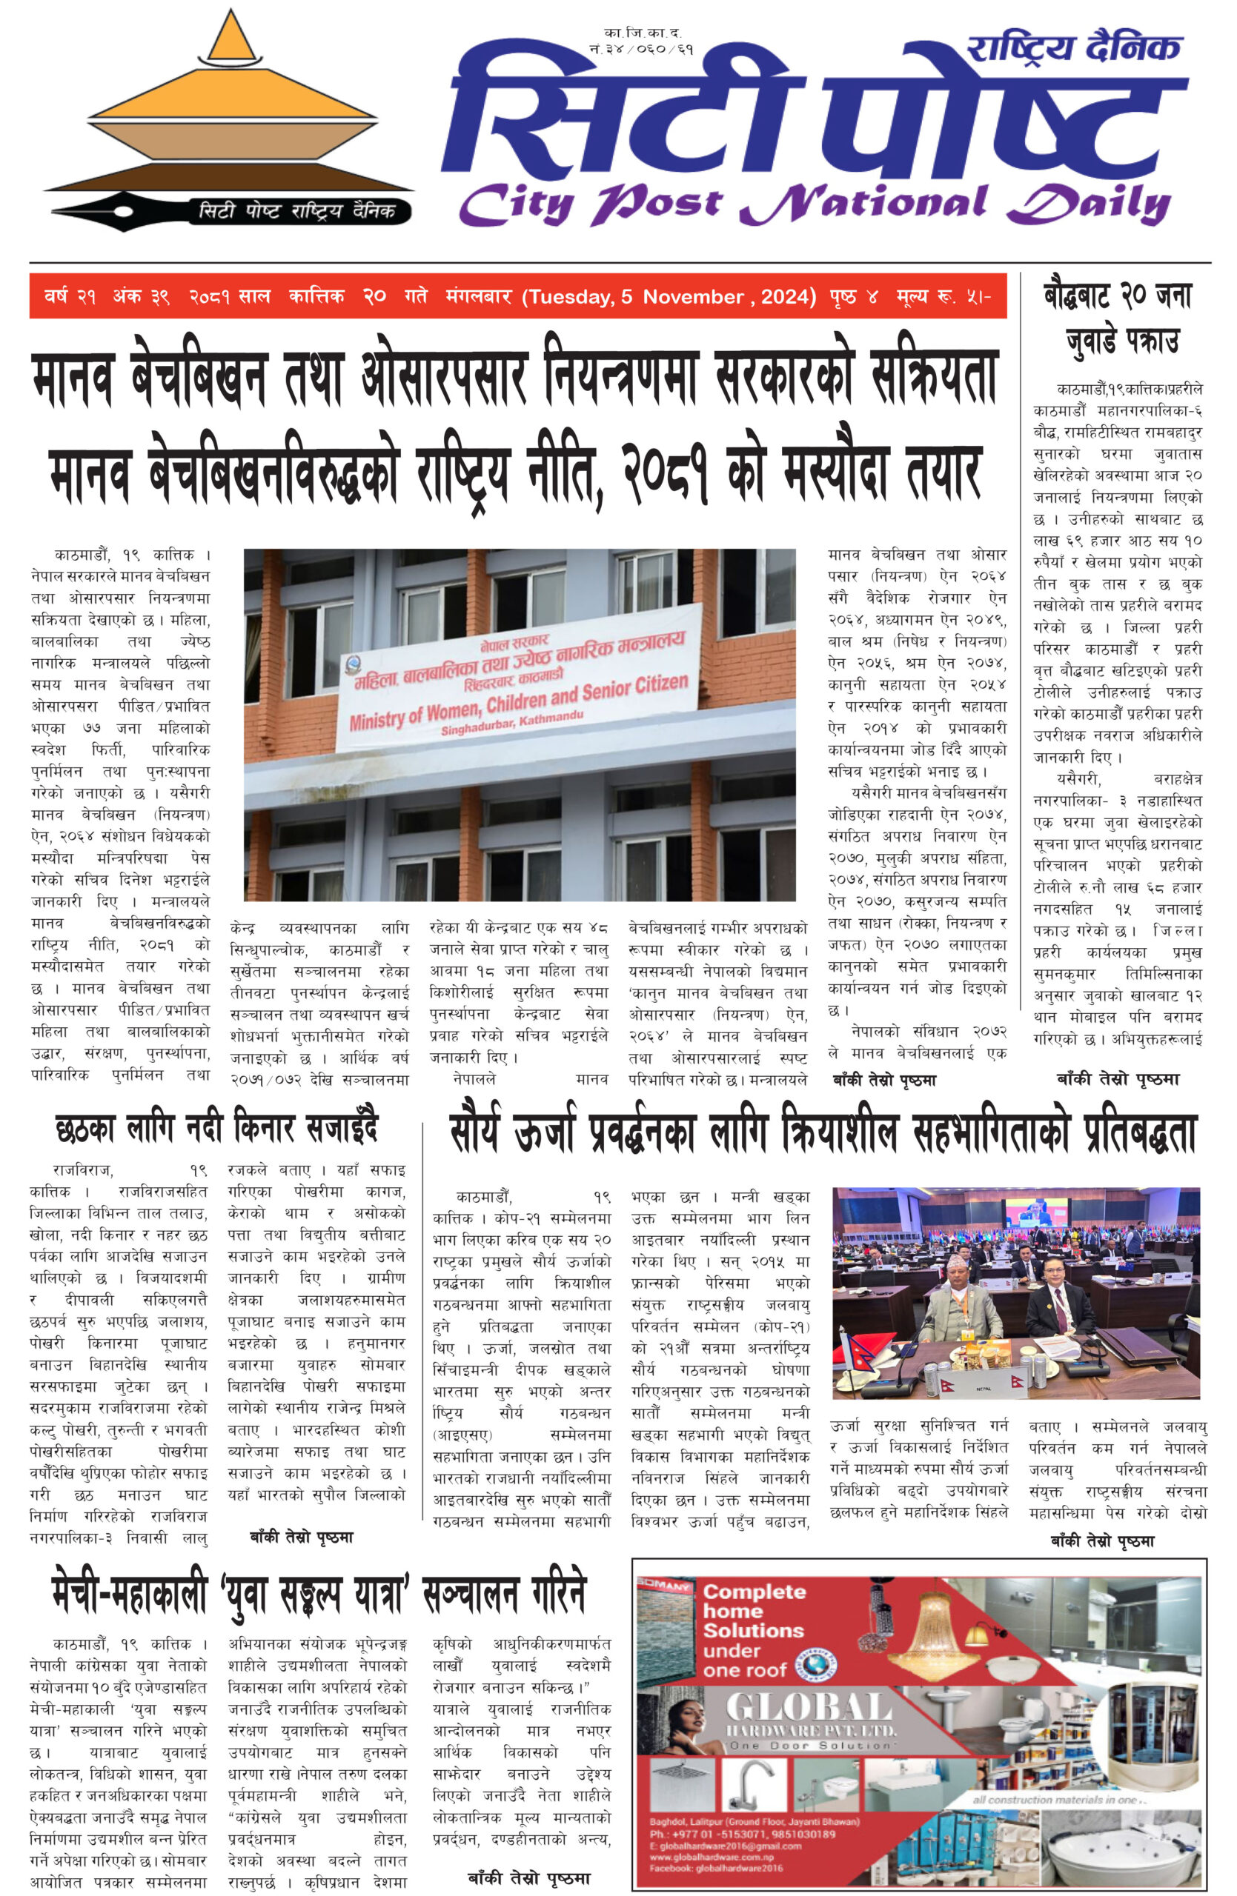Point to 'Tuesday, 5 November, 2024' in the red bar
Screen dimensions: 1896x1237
point(669,297)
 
